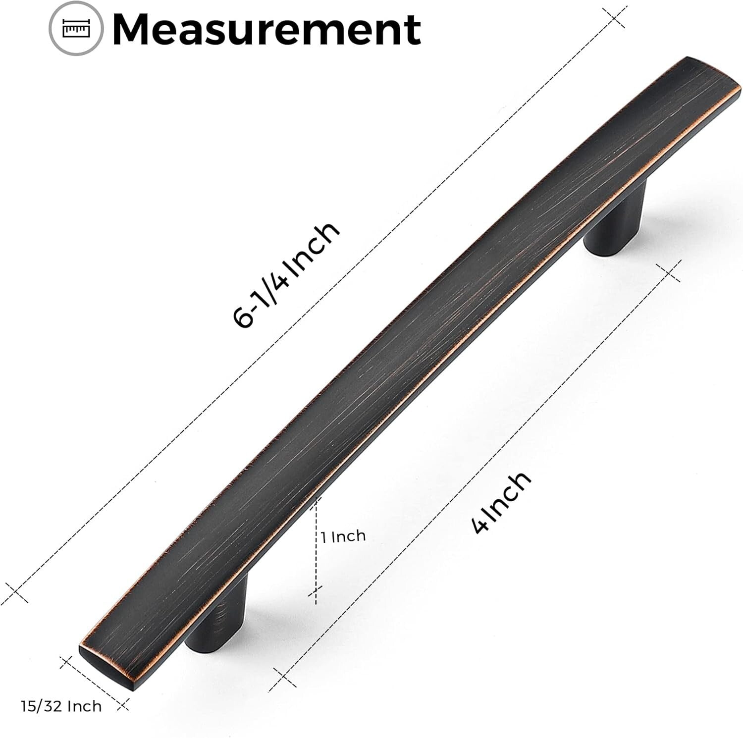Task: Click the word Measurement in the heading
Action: pos(267,30)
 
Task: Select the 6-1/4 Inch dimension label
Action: pos(286,275)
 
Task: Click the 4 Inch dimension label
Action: pos(501,502)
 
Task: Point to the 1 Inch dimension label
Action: pos(343,536)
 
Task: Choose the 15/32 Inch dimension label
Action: pos(61,706)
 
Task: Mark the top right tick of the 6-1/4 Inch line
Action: pos(616,17)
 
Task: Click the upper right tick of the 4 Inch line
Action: pos(668,272)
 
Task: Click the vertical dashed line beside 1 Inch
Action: pos(316,545)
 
